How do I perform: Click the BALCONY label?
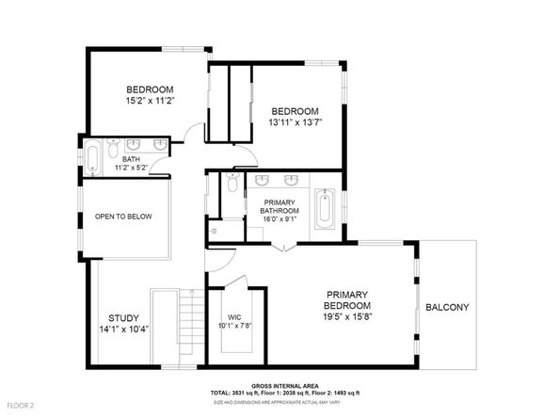coord(446,308)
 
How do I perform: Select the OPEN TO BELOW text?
coord(123,217)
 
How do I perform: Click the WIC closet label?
coord(235,317)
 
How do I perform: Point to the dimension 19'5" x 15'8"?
coord(347,317)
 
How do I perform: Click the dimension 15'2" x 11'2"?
coord(151,99)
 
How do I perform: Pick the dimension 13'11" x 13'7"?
coord(295,121)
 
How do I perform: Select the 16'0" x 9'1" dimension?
coord(279,219)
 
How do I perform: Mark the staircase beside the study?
coord(189,326)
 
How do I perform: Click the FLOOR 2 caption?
coord(20,406)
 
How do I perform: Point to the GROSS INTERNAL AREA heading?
coord(279,386)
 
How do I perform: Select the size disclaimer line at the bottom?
coord(279,400)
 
